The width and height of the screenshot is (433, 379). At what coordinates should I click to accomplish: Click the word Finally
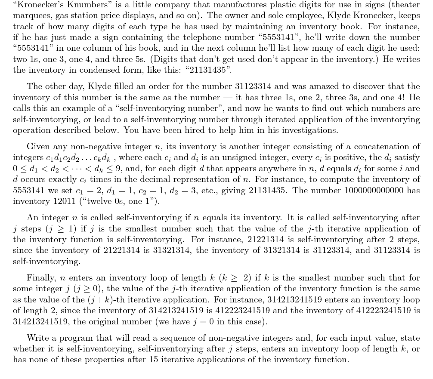(x=42, y=277)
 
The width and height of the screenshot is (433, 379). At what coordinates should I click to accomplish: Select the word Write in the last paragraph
(x=37, y=338)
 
